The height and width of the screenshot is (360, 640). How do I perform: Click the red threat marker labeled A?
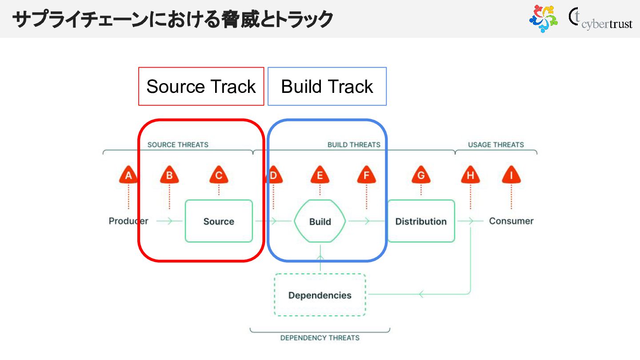click(x=128, y=175)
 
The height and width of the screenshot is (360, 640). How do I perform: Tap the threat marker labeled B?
click(x=169, y=175)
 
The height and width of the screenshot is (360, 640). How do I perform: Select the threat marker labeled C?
click(x=219, y=175)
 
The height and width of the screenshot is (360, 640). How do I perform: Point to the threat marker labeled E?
click(x=320, y=175)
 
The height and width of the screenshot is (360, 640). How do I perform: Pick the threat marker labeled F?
click(x=367, y=175)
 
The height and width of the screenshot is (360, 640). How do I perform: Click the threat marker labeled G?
click(x=421, y=175)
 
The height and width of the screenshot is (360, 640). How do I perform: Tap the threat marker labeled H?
click(x=470, y=175)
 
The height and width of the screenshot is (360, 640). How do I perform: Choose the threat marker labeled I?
click(x=511, y=175)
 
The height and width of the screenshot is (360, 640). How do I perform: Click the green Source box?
click(x=219, y=221)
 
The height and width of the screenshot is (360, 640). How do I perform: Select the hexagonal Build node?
click(x=320, y=221)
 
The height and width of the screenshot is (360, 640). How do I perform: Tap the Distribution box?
click(x=421, y=221)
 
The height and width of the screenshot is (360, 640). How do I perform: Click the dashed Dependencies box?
click(x=320, y=295)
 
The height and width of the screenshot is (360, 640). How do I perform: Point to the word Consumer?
click(x=511, y=221)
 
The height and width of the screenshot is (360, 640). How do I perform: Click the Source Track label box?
click(x=201, y=86)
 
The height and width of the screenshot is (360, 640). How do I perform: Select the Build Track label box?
click(x=327, y=86)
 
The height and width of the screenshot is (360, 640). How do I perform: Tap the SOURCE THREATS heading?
click(x=178, y=144)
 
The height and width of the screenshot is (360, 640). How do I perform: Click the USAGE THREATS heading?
click(x=496, y=144)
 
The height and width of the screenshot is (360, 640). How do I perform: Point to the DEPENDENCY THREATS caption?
click(x=320, y=338)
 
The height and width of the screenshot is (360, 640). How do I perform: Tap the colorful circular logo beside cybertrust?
click(x=543, y=19)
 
